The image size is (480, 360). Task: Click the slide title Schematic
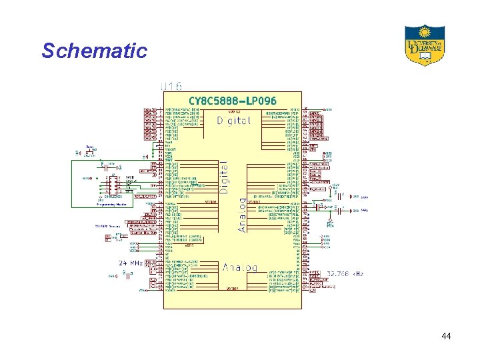pyautogui.click(x=94, y=51)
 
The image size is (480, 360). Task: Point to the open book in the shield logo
pyautogui.click(x=424, y=58)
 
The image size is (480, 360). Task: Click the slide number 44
pyautogui.click(x=446, y=337)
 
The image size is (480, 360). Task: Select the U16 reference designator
pyautogui.click(x=171, y=86)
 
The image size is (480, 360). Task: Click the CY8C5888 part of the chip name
pyautogui.click(x=212, y=101)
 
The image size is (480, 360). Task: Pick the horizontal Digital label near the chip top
pyautogui.click(x=234, y=121)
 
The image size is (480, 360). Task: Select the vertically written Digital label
pyautogui.click(x=224, y=177)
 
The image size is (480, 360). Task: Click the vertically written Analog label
pyautogui.click(x=241, y=218)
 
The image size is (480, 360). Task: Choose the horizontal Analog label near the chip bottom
pyautogui.click(x=239, y=268)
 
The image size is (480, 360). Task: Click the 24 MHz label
pyautogui.click(x=131, y=263)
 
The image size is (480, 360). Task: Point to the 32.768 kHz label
pyautogui.click(x=345, y=273)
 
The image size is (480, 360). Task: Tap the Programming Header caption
pyautogui.click(x=111, y=205)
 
